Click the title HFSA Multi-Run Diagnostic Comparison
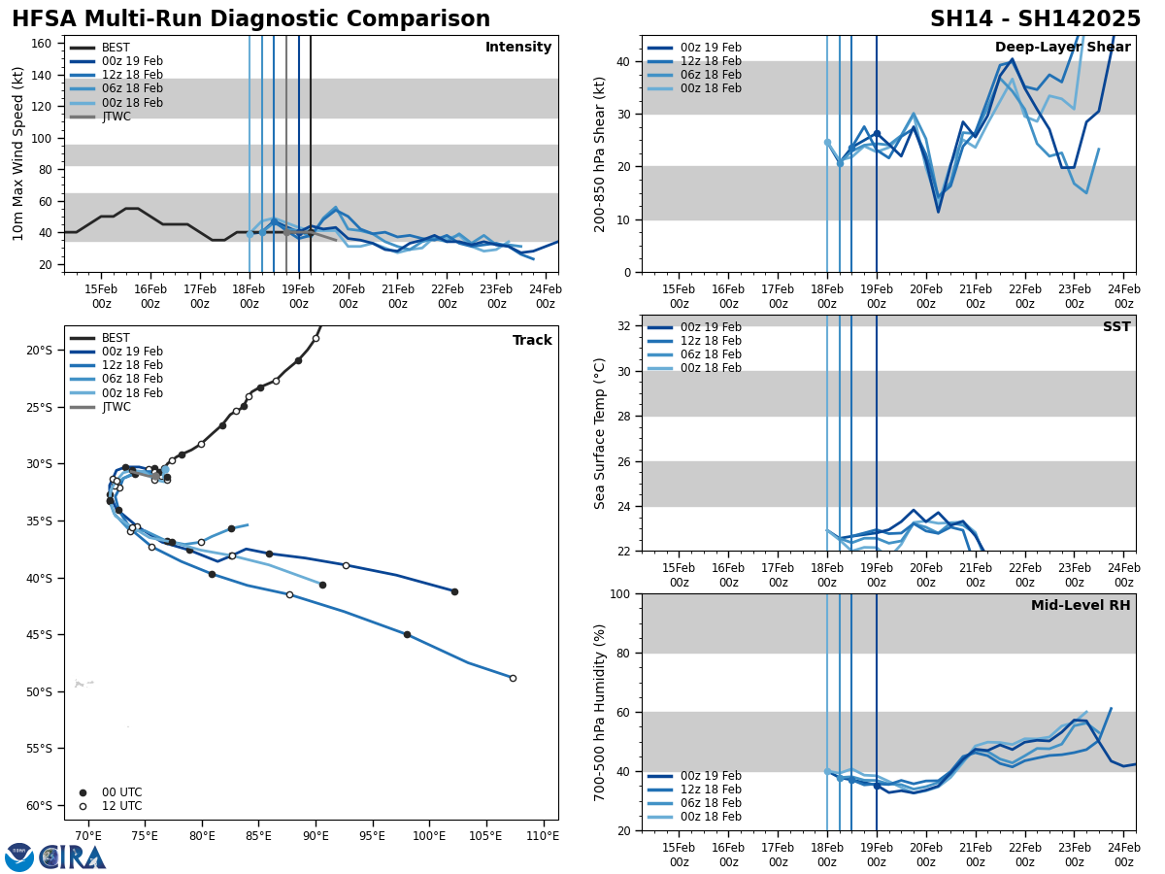coord(250,19)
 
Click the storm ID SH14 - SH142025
coord(1035,19)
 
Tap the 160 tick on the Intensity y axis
coord(44,44)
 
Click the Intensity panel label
coord(517,48)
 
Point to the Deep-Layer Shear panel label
coord(1062,48)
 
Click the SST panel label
coord(1115,327)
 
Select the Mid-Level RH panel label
coord(1081,606)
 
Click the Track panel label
coord(532,341)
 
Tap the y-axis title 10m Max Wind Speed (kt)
coord(18,153)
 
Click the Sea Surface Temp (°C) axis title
coord(600,433)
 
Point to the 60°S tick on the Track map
coord(40,805)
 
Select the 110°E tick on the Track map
coord(543,836)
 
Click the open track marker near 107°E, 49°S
coord(513,678)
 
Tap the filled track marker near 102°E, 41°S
coord(454,591)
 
